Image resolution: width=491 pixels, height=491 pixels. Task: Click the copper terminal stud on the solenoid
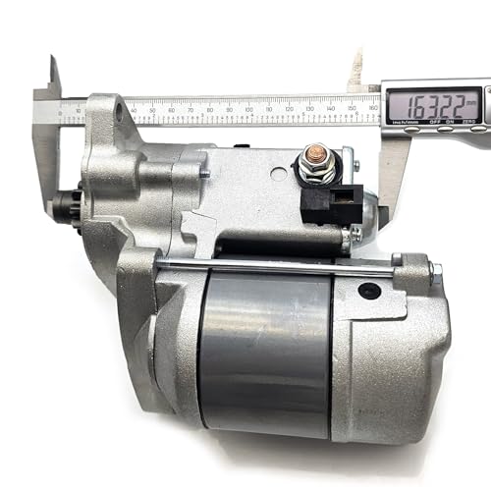[x=317, y=154]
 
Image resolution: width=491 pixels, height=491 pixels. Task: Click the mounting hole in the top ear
[x=120, y=115]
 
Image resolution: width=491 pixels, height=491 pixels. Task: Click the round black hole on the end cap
[x=369, y=291]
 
